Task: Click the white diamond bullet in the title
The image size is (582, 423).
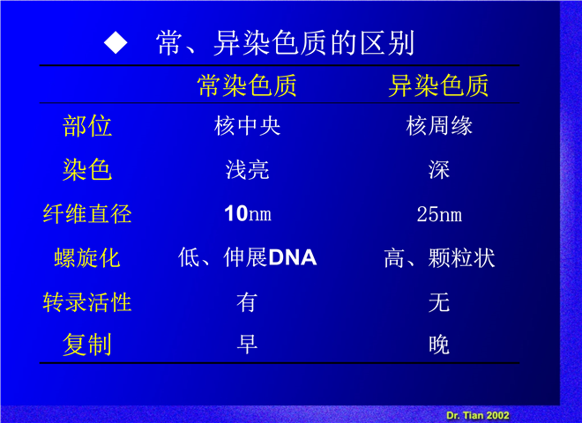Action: (116, 42)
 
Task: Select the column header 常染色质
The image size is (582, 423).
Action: (247, 85)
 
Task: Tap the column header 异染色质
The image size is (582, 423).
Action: (438, 85)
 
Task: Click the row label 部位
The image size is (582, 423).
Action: (87, 126)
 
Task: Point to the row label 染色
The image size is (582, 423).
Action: (87, 169)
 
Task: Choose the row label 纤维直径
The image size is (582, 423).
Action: (87, 214)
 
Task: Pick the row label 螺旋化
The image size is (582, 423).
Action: (87, 258)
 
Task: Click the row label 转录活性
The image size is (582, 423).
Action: (87, 302)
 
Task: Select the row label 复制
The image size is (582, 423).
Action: (87, 345)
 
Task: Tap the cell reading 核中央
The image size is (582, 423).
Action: (247, 126)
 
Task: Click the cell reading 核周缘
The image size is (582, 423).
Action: (439, 126)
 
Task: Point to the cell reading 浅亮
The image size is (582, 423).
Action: (247, 170)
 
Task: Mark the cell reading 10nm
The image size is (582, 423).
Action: (248, 214)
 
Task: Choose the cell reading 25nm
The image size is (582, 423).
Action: (439, 214)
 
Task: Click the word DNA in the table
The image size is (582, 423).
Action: (293, 258)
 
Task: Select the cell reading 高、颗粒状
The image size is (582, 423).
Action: (439, 258)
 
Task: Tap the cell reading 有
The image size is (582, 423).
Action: (247, 302)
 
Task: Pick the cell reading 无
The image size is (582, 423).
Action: (439, 302)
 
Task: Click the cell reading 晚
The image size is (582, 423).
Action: (439, 345)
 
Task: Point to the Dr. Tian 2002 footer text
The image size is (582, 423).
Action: (478, 415)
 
